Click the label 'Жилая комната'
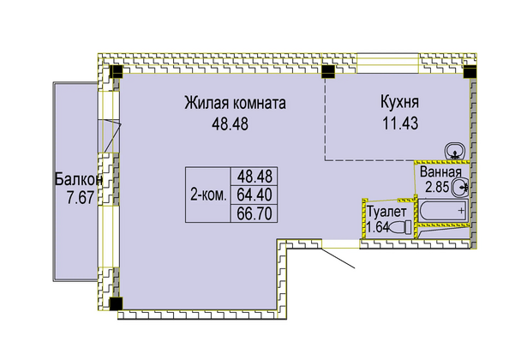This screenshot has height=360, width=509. pos(235,103)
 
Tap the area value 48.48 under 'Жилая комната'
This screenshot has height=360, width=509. pos(230,123)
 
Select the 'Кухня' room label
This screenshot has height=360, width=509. pos(399,102)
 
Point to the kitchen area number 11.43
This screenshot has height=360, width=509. pos(400,123)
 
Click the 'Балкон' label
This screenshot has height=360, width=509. pos(79,179)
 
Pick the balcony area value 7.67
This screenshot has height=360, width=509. pos(81,198)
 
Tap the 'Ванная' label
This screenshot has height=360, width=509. pos(440,171)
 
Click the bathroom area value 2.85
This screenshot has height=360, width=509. pos(437,187)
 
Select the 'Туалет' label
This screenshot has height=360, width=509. pos(386,212)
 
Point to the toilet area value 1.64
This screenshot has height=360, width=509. pos(378,227)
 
